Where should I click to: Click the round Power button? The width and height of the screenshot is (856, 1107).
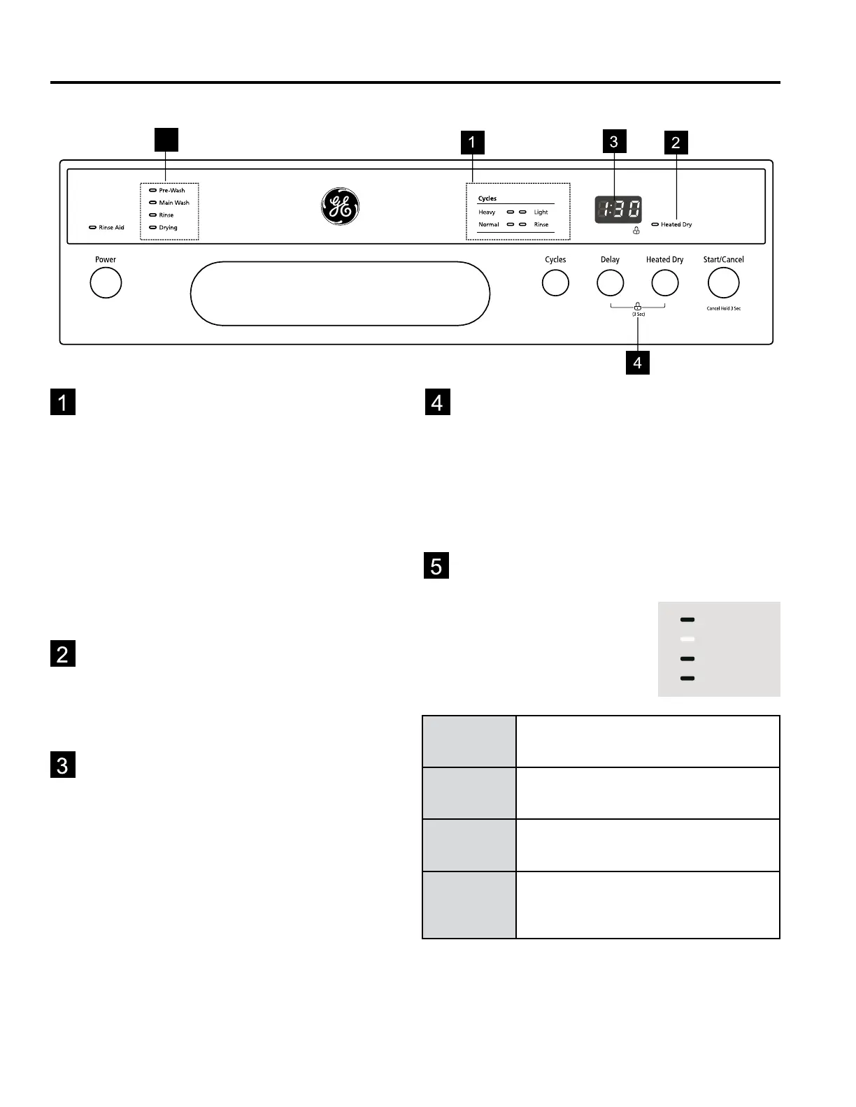[106, 283]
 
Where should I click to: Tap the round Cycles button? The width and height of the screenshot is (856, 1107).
[555, 283]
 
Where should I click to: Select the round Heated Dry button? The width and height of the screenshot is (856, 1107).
[664, 283]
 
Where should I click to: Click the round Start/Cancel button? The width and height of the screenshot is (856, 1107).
[723, 283]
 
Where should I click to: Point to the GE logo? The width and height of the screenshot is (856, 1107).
[340, 206]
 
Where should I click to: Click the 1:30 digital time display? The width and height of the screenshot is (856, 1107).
[618, 209]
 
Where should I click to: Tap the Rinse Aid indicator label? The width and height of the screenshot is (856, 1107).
[111, 228]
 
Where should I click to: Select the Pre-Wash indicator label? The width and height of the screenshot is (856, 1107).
[172, 190]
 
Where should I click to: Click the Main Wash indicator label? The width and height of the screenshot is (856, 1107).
[174, 203]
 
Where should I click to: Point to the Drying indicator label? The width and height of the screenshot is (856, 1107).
[168, 228]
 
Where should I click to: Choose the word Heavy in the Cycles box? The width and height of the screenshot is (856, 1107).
[487, 212]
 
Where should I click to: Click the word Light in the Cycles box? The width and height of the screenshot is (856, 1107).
[541, 212]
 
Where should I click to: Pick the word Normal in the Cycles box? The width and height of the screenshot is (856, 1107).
[488, 225]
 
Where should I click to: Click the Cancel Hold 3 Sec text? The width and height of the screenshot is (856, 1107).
[723, 308]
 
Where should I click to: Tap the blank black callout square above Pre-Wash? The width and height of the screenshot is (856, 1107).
[166, 139]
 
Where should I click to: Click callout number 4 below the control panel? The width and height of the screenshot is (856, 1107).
[637, 363]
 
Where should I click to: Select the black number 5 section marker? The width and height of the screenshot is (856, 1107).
[436, 565]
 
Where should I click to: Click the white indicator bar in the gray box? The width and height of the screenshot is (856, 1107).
[687, 639]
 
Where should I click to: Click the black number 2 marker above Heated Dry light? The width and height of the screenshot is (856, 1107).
[676, 143]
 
